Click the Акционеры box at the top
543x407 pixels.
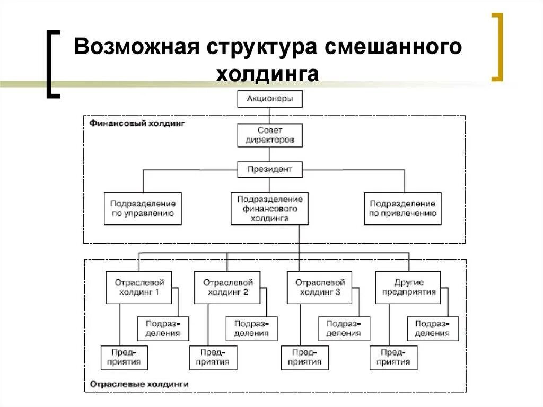coord(270,99)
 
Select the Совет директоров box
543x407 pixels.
coord(270,135)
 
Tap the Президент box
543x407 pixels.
coord(270,170)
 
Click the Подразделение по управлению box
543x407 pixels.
coord(143,209)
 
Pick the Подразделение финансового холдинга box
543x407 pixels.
coord(270,209)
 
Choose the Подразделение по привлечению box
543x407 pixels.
coord(402,209)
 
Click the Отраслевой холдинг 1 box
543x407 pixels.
coord(139,287)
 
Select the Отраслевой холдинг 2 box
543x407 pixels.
coord(227,287)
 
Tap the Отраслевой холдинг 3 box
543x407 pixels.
coord(319,287)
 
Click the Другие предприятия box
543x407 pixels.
coord(408,287)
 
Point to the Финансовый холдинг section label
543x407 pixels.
coord(136,123)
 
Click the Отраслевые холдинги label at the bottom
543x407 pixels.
coord(139,383)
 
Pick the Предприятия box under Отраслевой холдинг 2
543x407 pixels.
coord(213,357)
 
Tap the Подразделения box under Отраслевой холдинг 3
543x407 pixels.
coord(343,328)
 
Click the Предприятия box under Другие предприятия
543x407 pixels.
coord(393,357)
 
